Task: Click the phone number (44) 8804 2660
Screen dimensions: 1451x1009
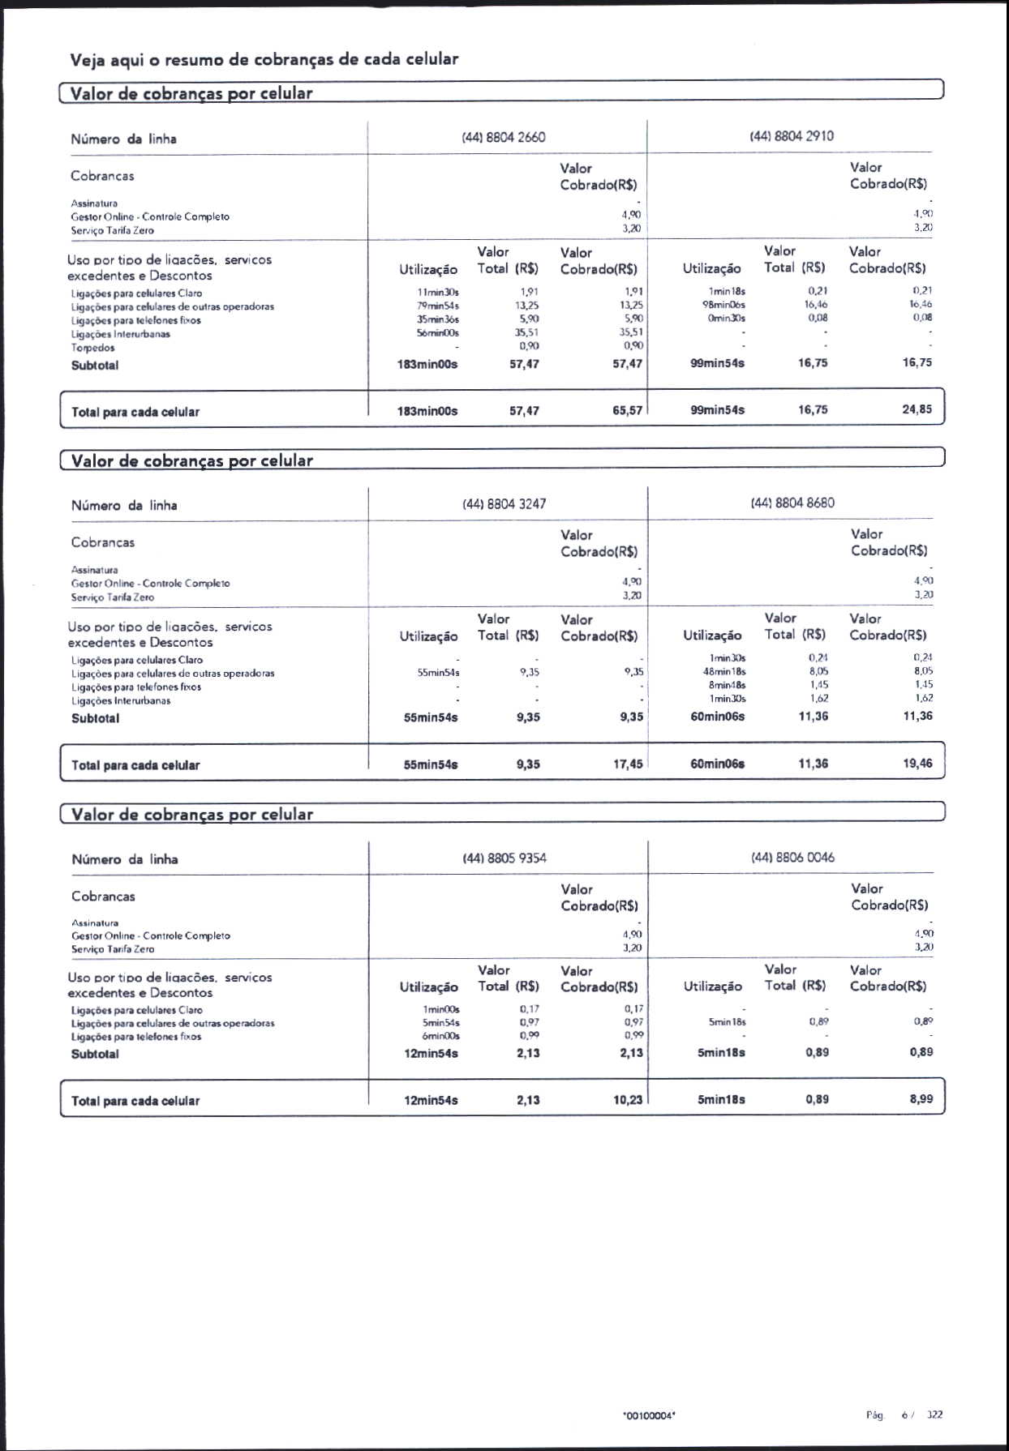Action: click(503, 137)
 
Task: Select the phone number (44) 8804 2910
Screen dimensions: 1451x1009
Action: click(791, 135)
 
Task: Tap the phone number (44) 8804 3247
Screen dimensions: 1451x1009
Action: click(504, 503)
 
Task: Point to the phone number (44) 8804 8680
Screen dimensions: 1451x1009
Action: click(792, 503)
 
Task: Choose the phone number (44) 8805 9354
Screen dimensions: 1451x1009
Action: click(504, 858)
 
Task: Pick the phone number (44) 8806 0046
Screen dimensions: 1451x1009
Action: click(792, 857)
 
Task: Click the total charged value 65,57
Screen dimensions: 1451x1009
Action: click(627, 411)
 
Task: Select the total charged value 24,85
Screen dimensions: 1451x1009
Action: click(917, 409)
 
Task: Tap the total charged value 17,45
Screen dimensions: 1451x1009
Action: click(628, 764)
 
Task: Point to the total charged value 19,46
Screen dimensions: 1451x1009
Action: click(917, 763)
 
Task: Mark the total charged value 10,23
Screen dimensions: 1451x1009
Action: click(628, 1100)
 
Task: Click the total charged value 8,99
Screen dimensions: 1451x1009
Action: click(921, 1099)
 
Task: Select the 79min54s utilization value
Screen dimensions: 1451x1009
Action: click(438, 306)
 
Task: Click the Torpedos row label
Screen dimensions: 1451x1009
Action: click(92, 348)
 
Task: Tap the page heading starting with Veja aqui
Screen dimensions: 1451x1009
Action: click(264, 59)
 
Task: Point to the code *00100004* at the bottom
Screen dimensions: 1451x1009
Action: click(649, 1415)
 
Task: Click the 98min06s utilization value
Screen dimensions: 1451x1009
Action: click(723, 305)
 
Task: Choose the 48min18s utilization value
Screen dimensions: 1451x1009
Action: click(724, 671)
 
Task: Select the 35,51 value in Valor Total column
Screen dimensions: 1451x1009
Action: click(526, 332)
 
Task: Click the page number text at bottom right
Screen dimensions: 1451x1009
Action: click(904, 1415)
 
